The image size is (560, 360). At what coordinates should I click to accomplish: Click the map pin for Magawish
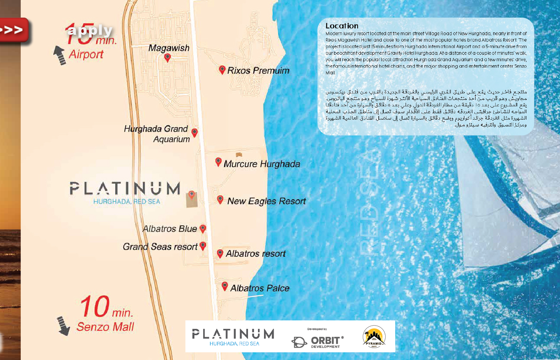coord(168,58)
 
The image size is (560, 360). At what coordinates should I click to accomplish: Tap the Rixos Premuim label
coord(258,71)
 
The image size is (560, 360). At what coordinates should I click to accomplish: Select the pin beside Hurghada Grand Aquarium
coord(194,132)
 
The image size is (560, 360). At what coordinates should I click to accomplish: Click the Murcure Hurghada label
coord(262,164)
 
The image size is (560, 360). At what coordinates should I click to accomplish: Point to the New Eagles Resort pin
coord(220,199)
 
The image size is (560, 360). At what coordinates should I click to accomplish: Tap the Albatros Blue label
coord(170,229)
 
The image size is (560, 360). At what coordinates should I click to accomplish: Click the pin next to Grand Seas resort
coord(203,246)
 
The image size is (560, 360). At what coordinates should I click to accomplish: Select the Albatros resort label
coord(256,254)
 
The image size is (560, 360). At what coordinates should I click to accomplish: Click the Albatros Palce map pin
coord(225,286)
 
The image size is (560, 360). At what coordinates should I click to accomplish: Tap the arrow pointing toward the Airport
coord(60,55)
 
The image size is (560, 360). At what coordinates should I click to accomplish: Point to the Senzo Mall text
coord(105,327)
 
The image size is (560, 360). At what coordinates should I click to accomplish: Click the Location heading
coord(342,26)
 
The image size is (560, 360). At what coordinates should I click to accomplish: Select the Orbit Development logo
coord(318,341)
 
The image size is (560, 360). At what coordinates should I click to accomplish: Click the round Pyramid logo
coord(374,336)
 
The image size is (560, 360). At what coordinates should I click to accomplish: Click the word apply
coord(90,30)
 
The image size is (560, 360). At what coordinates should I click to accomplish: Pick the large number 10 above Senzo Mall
coord(95,306)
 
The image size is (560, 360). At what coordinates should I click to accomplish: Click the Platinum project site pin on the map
coord(192,195)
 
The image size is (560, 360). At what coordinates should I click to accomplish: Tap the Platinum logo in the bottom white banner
coord(233,336)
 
